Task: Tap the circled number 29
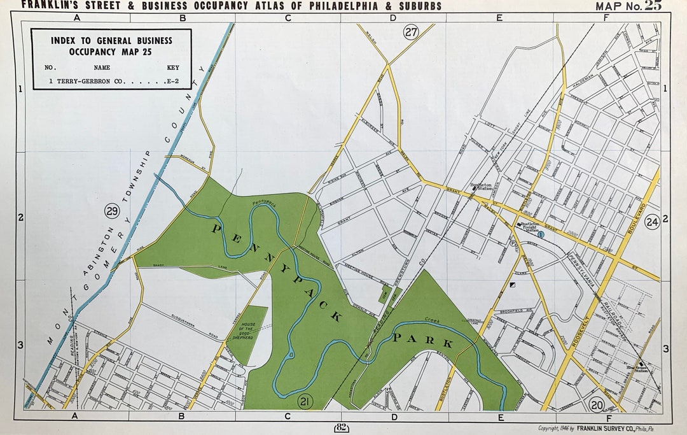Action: point(113,211)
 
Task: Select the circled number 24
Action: point(652,222)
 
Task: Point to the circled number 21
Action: point(305,401)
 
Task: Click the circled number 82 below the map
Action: point(340,427)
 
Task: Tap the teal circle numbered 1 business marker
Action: point(541,234)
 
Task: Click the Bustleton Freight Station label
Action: point(530,226)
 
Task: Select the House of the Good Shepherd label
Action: point(247,330)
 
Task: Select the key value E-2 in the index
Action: point(172,82)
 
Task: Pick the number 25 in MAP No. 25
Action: point(653,6)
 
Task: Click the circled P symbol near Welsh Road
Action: point(513,243)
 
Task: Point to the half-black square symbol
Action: point(513,284)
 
